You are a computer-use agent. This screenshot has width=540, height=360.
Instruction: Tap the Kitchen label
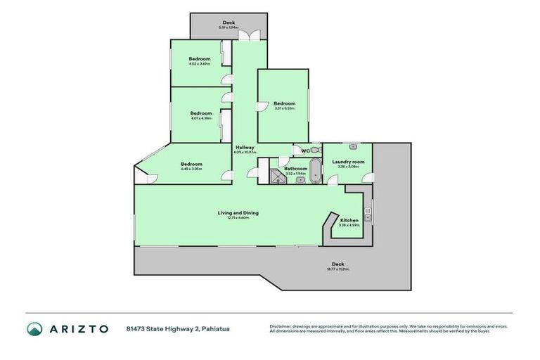coord(349,221)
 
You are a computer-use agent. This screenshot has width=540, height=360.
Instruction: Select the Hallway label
coord(245,148)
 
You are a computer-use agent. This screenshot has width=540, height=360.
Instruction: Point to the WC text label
coord(304,150)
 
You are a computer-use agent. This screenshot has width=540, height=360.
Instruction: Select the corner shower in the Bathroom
coord(277,178)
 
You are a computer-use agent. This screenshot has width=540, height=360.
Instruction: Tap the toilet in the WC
coord(315,150)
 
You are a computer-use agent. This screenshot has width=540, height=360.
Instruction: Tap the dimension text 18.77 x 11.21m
coord(337,269)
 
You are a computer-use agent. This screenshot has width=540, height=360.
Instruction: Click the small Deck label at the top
coord(229,22)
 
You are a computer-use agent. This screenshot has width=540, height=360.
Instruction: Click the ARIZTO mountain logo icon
coord(34,329)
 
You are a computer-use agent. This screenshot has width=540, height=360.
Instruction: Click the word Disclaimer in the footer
coord(282,326)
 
